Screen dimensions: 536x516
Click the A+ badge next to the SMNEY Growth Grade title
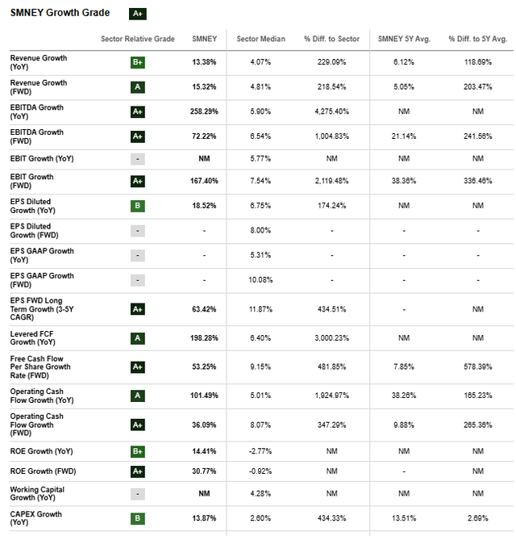click(x=137, y=14)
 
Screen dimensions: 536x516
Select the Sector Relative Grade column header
click(x=137, y=40)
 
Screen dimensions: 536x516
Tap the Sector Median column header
click(x=255, y=40)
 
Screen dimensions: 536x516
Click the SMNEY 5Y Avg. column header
click(x=398, y=40)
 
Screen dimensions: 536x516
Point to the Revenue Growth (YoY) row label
click(x=38, y=62)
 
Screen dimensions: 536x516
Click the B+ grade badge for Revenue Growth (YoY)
click(x=137, y=63)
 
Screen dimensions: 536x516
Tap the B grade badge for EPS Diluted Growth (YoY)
click(x=137, y=206)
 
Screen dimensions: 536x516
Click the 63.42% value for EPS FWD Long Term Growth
click(x=204, y=308)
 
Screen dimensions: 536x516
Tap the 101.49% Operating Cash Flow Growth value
click(x=204, y=396)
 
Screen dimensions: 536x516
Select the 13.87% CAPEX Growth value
click(x=204, y=518)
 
